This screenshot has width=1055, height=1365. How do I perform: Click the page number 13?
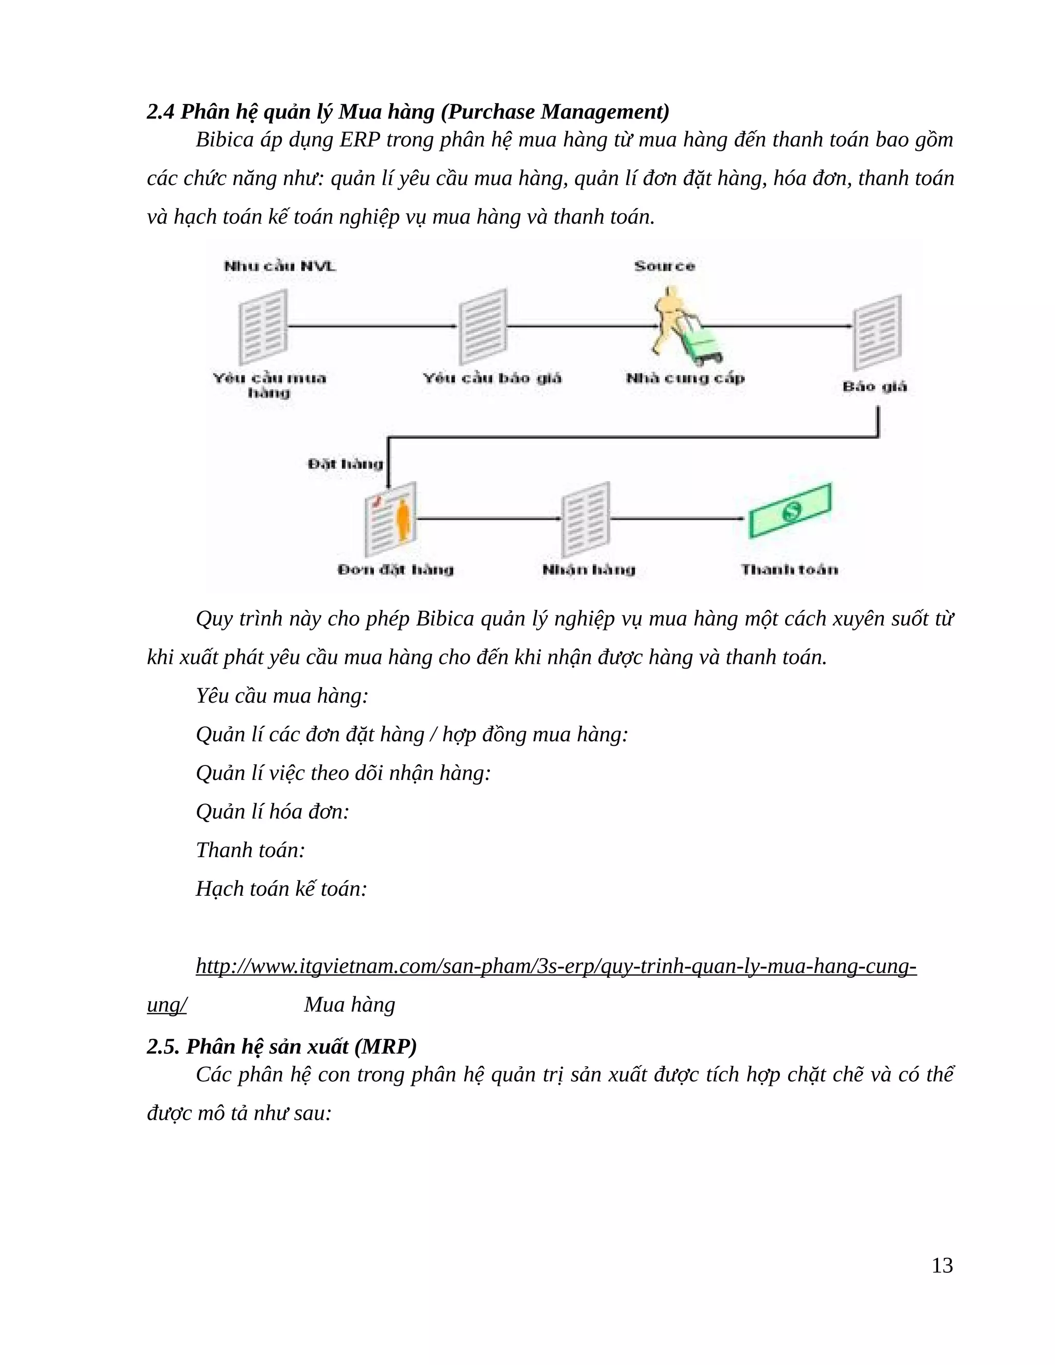tap(942, 1265)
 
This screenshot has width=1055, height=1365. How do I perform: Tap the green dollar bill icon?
tap(790, 510)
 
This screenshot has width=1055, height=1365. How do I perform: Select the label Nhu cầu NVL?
tap(280, 266)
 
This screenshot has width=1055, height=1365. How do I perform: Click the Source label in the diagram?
tap(665, 266)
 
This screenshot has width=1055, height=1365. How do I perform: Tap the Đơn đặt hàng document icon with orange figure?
tap(390, 519)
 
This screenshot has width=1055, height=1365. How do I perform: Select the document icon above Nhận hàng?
tap(586, 519)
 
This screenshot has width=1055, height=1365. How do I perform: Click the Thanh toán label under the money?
tap(789, 569)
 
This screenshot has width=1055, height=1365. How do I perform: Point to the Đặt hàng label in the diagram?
tap(345, 464)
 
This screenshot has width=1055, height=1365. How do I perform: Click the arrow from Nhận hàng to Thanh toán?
tap(678, 518)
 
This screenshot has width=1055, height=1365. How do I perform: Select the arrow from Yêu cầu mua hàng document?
tap(372, 326)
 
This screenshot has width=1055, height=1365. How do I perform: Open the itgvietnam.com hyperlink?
tap(556, 966)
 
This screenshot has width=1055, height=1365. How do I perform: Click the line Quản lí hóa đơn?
tap(273, 811)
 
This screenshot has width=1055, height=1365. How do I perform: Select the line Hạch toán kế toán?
tap(281, 888)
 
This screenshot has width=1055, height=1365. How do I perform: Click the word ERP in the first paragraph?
tap(360, 140)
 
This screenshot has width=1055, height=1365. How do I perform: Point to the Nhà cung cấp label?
tap(685, 378)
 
